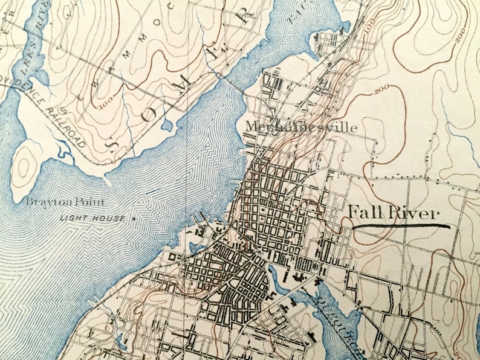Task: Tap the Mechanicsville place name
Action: [300, 127]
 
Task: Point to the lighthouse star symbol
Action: [134, 217]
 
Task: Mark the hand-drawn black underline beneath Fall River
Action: [401, 227]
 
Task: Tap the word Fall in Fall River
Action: [364, 213]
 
